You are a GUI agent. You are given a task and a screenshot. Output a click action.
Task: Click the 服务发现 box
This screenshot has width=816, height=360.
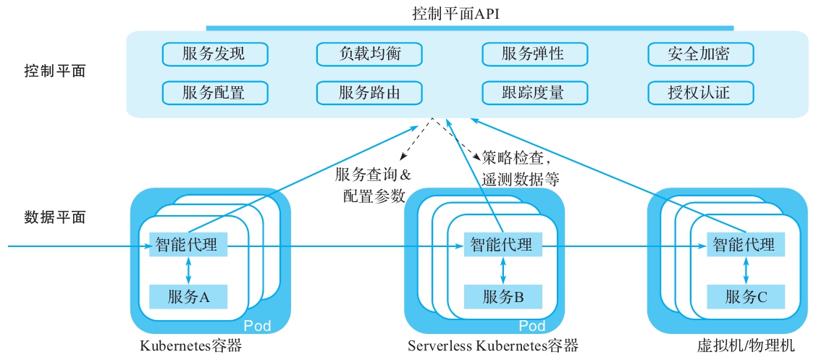(214, 54)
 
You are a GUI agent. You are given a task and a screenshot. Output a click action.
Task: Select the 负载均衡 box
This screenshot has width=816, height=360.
(369, 54)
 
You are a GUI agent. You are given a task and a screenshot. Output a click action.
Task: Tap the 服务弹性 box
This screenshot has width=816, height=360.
(533, 54)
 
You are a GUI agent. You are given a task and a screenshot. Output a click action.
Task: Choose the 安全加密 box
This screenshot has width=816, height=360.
(699, 54)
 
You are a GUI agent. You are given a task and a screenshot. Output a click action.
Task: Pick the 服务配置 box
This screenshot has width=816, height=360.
(214, 93)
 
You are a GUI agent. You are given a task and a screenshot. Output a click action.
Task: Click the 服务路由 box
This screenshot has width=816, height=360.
(369, 93)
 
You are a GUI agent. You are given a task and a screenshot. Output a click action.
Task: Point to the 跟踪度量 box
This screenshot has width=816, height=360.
(533, 93)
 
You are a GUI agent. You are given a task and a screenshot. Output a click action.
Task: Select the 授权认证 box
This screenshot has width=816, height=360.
(699, 93)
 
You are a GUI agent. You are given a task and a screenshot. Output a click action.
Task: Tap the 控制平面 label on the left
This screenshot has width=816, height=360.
(55, 72)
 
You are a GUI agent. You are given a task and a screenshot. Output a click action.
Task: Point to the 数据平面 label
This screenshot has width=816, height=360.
(55, 217)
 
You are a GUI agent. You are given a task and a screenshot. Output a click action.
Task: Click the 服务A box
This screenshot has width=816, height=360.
(188, 296)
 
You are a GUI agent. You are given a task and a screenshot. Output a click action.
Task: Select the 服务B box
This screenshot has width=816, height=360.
(502, 296)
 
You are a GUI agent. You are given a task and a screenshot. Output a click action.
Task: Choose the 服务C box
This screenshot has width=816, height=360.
(745, 296)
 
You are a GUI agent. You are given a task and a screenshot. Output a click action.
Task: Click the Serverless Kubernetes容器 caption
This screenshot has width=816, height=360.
(493, 346)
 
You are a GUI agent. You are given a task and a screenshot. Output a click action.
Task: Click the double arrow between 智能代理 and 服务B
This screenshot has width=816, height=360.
(502, 270)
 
